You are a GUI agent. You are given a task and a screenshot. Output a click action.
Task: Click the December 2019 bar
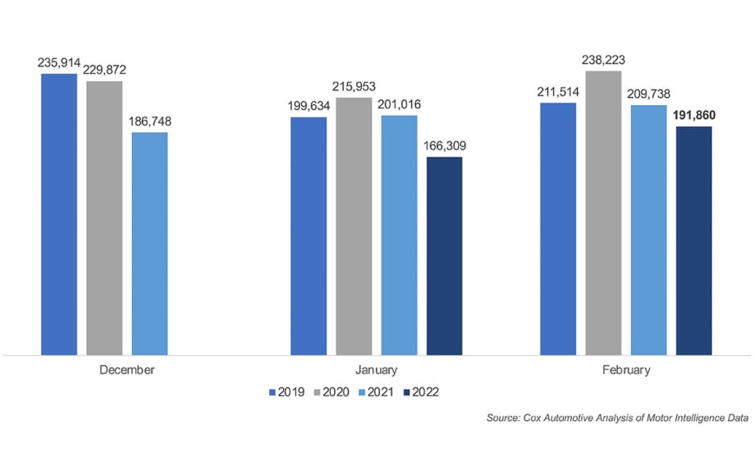[x=59, y=215]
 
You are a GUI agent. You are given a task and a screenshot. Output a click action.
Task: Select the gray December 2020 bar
[x=104, y=218]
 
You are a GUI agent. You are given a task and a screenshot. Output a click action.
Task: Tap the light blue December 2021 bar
[x=149, y=244]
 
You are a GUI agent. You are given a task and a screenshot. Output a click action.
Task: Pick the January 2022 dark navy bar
[x=444, y=256]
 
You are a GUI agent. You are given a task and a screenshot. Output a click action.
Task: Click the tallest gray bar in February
[x=603, y=213]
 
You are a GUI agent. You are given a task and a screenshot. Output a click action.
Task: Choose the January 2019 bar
[x=309, y=236]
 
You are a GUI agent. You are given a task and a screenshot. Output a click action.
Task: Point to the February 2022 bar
[x=693, y=241]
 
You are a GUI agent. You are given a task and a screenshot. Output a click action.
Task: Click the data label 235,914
[x=60, y=62]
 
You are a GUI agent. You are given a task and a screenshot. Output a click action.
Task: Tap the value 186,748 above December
[x=149, y=121]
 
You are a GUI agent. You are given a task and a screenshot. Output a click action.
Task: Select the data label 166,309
[x=444, y=146]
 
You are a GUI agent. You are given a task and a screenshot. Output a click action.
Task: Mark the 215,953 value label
[x=354, y=86]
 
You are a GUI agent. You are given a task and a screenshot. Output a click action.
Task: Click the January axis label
[x=377, y=369]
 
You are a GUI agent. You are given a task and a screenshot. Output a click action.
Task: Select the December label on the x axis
[x=126, y=369]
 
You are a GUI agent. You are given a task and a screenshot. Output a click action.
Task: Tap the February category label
[x=625, y=369]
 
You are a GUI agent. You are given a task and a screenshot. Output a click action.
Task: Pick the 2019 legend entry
[x=291, y=392]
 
